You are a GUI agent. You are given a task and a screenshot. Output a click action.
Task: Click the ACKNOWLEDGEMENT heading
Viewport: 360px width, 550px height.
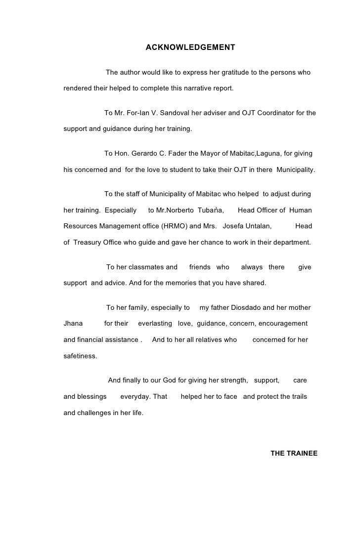point(190,47)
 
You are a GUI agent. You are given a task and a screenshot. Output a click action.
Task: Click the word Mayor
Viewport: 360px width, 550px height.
point(214,154)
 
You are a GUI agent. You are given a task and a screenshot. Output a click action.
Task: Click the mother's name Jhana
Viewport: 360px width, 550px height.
point(73,324)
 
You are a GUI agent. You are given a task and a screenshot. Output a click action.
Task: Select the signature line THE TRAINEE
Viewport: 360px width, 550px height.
point(294,453)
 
